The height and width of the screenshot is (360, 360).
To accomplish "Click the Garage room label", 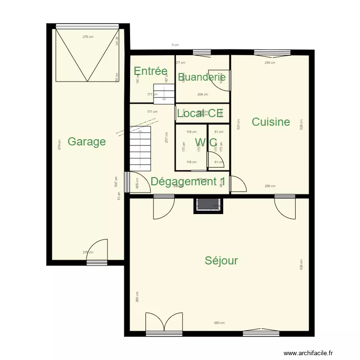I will coord(86,142).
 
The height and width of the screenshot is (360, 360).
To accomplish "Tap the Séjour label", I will coord(221,261).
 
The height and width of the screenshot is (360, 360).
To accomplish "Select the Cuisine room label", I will coord(271,122).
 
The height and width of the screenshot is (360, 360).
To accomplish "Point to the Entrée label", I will coord(150,72).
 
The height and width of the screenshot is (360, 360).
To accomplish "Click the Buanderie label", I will coord(202,77).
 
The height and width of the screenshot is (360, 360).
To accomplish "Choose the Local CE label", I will coord(200,113).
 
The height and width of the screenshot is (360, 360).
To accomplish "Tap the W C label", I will coord(206,143).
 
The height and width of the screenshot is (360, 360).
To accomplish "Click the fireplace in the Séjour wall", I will coord(208,205).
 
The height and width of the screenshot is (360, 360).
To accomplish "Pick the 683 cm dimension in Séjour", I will coord(219,323).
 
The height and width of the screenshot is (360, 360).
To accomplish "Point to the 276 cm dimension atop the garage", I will coord(87,36).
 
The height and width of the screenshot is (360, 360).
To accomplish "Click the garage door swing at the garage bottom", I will coord(96,252).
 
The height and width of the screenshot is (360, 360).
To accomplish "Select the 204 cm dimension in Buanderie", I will coord(202,95).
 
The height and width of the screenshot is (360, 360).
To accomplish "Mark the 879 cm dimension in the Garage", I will coord(59,144).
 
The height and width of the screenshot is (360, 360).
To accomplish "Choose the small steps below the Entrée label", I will coord(163,92).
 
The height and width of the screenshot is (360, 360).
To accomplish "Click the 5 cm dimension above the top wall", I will coord(175,45).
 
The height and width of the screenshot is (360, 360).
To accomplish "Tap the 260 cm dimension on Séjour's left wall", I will coord(137,297).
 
